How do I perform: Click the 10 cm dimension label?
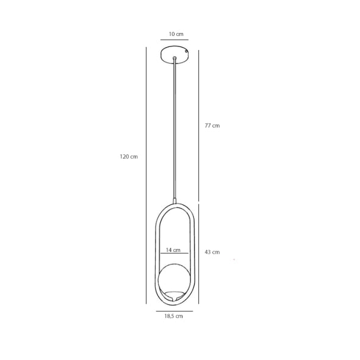pos(176,34)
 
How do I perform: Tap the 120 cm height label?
pos(129,157)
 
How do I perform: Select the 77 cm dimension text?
pos(212,126)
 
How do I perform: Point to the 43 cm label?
pos(212,252)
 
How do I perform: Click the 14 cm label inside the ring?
pos(173,250)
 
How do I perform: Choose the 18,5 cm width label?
pos(173,316)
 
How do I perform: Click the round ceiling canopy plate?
pos(175,55)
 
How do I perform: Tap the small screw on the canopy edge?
pos(187,52)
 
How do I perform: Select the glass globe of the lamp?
pos(175,279)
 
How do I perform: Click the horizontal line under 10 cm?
pos(175,40)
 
